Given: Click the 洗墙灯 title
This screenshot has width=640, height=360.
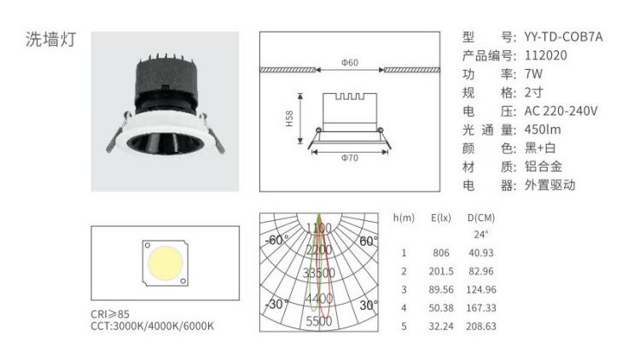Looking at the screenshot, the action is [51, 39].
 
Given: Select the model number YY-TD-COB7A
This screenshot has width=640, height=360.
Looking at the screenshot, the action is [564, 37].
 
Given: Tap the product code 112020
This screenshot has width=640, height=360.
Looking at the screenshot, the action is [546, 55].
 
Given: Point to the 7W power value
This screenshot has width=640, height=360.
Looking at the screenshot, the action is [533, 74].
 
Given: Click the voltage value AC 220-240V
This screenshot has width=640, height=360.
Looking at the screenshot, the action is [561, 111].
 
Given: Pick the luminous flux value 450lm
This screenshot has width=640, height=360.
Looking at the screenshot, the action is [543, 130].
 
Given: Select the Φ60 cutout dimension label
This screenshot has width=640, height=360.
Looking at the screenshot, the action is [350, 62].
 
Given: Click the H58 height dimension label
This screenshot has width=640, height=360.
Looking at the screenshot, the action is [289, 119].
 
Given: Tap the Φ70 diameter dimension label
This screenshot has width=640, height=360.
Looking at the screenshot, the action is [350, 158].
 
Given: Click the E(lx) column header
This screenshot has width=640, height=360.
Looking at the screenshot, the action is [441, 218].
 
